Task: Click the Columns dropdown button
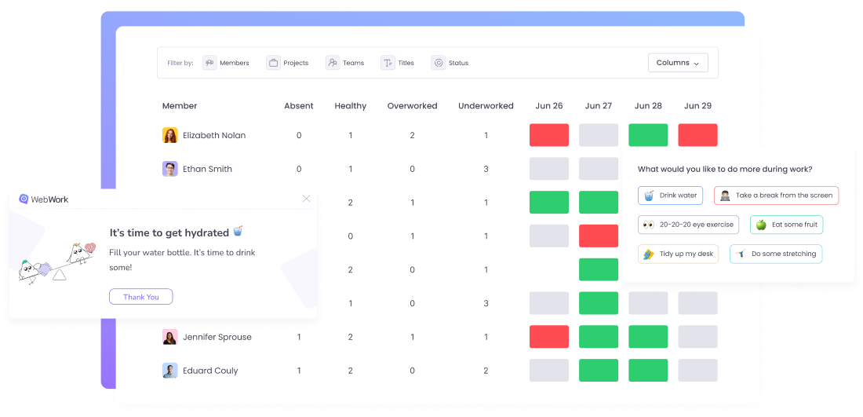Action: tap(677, 63)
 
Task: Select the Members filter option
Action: tap(226, 63)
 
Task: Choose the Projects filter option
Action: tap(287, 63)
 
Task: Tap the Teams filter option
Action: tap(345, 63)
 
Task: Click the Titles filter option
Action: tap(398, 63)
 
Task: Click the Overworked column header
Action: tap(412, 106)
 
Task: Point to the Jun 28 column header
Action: tap(648, 106)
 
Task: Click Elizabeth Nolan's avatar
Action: tap(170, 135)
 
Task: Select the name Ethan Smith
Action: tap(207, 169)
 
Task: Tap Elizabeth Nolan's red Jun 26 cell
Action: tap(549, 135)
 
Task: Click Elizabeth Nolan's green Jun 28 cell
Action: tap(648, 135)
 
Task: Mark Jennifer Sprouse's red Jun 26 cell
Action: tap(549, 337)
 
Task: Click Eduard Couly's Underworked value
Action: tap(486, 371)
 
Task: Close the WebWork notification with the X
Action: tap(306, 199)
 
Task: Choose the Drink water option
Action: tap(670, 196)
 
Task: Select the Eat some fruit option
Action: tap(786, 225)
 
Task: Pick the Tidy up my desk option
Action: tap(678, 254)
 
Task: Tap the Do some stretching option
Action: tap(775, 254)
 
